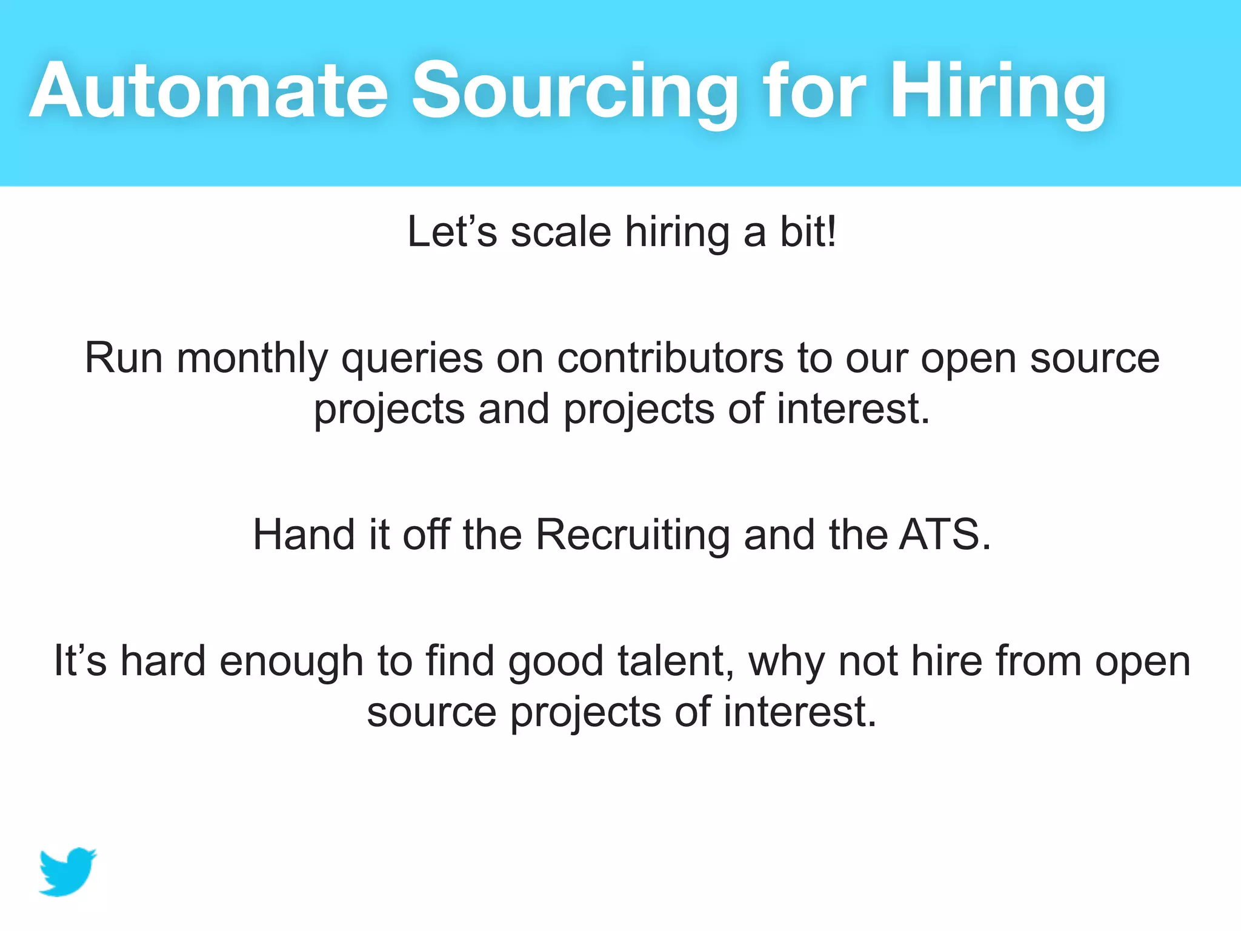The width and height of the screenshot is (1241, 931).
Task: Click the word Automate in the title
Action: (x=208, y=91)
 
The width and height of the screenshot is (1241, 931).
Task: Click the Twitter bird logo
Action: (x=67, y=872)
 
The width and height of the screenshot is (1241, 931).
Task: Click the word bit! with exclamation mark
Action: (x=808, y=232)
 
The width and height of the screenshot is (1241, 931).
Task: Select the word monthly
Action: (x=251, y=358)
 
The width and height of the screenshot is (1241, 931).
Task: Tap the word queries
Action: (x=411, y=358)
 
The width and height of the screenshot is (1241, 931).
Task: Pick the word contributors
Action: (x=670, y=358)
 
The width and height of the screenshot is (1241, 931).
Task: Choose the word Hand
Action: (x=304, y=535)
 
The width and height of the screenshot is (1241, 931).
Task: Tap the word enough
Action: (x=291, y=661)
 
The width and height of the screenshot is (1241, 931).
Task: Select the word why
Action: (x=787, y=661)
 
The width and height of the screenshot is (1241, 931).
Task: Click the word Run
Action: (x=124, y=358)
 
